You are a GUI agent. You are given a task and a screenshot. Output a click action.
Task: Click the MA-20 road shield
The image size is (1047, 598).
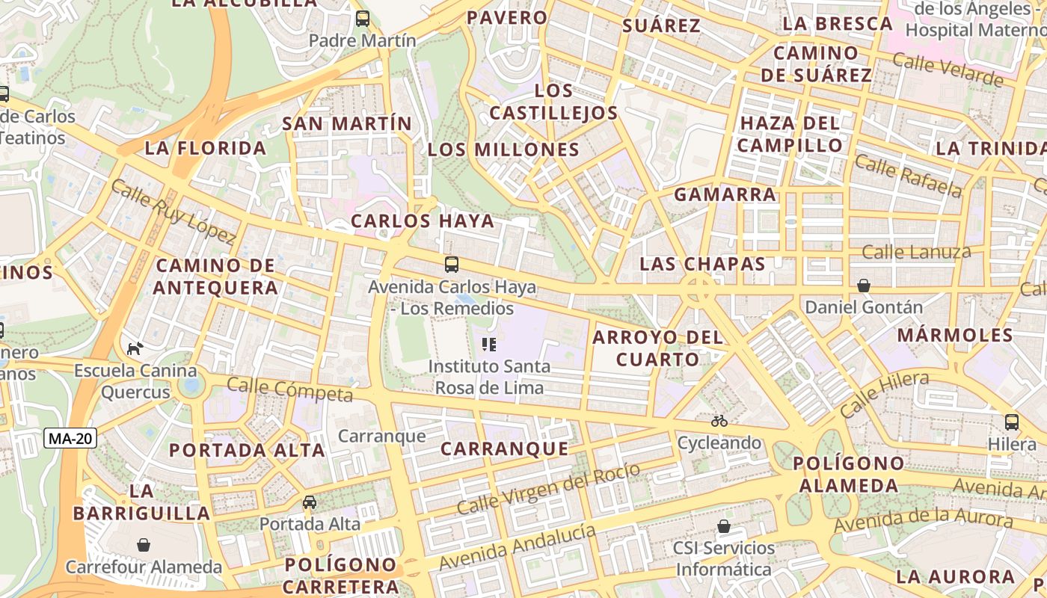click(x=71, y=439)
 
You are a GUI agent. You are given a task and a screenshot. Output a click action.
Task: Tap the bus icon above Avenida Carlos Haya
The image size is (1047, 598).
click(x=452, y=265)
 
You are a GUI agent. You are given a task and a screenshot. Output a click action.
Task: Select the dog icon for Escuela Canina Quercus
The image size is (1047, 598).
click(x=135, y=348)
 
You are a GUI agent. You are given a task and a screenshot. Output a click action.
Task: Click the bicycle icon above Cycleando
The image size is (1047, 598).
click(x=719, y=421)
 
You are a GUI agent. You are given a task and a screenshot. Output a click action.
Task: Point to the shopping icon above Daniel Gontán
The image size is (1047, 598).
click(x=864, y=286)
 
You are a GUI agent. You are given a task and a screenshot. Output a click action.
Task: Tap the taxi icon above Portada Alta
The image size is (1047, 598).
click(x=310, y=502)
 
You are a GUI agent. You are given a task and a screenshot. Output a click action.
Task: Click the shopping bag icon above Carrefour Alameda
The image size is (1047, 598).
click(x=144, y=545)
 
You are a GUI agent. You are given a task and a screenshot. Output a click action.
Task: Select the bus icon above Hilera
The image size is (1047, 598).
click(x=1012, y=422)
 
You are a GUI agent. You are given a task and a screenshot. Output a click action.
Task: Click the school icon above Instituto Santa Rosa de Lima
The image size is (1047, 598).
click(x=489, y=345)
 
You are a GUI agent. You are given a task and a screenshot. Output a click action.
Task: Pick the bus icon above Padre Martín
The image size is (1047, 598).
click(x=363, y=19)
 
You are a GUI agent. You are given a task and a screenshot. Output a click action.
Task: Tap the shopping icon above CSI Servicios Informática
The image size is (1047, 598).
click(x=723, y=526)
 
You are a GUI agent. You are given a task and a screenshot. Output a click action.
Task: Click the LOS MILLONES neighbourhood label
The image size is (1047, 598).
click(x=504, y=149)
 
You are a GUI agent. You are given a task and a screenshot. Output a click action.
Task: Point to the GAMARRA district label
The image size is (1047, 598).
click(x=725, y=195)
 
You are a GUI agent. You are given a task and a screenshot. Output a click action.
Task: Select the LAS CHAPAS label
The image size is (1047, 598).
click(x=703, y=264)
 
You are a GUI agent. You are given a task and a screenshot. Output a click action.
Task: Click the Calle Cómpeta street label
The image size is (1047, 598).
click(x=289, y=389)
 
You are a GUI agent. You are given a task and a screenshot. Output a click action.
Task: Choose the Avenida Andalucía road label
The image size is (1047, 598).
click(x=518, y=547)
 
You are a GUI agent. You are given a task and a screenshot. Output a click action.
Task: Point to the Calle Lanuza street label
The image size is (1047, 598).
click(x=916, y=252)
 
